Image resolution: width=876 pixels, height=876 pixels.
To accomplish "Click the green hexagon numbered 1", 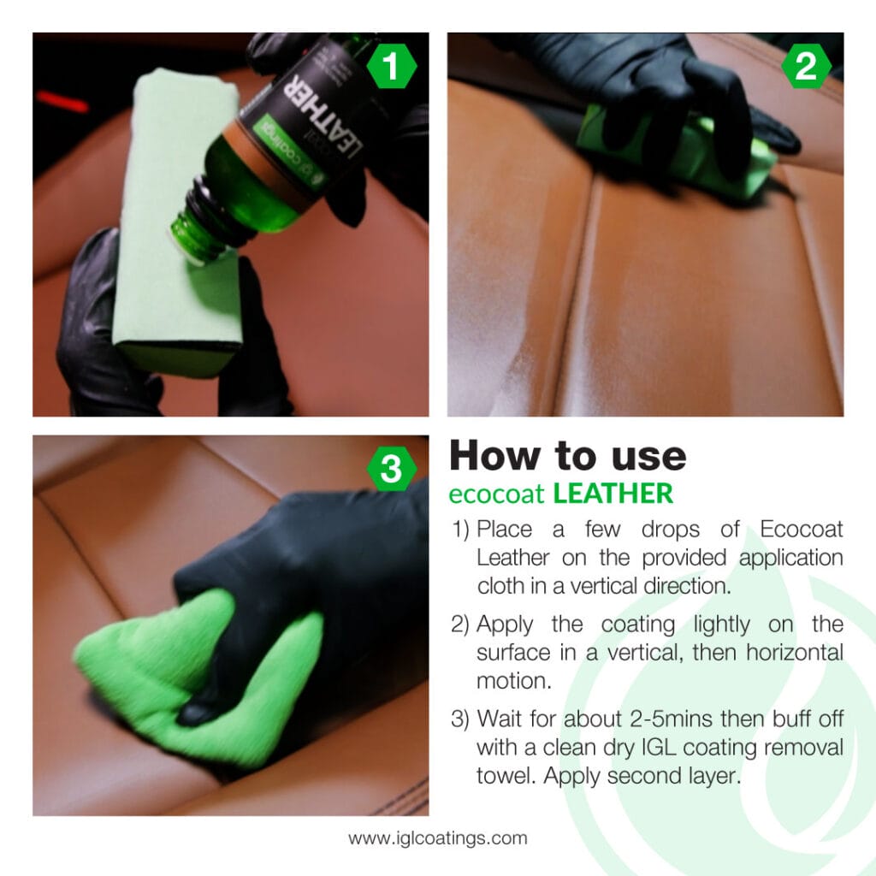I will point(391,68).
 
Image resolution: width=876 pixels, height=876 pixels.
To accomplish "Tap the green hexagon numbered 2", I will point(806,68).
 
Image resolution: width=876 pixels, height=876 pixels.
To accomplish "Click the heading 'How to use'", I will point(567,456).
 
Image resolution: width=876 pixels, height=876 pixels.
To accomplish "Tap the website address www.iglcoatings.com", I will point(437,838).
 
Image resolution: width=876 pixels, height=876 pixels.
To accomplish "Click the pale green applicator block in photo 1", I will point(175,214).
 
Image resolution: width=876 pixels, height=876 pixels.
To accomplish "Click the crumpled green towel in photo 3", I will point(197,676).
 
